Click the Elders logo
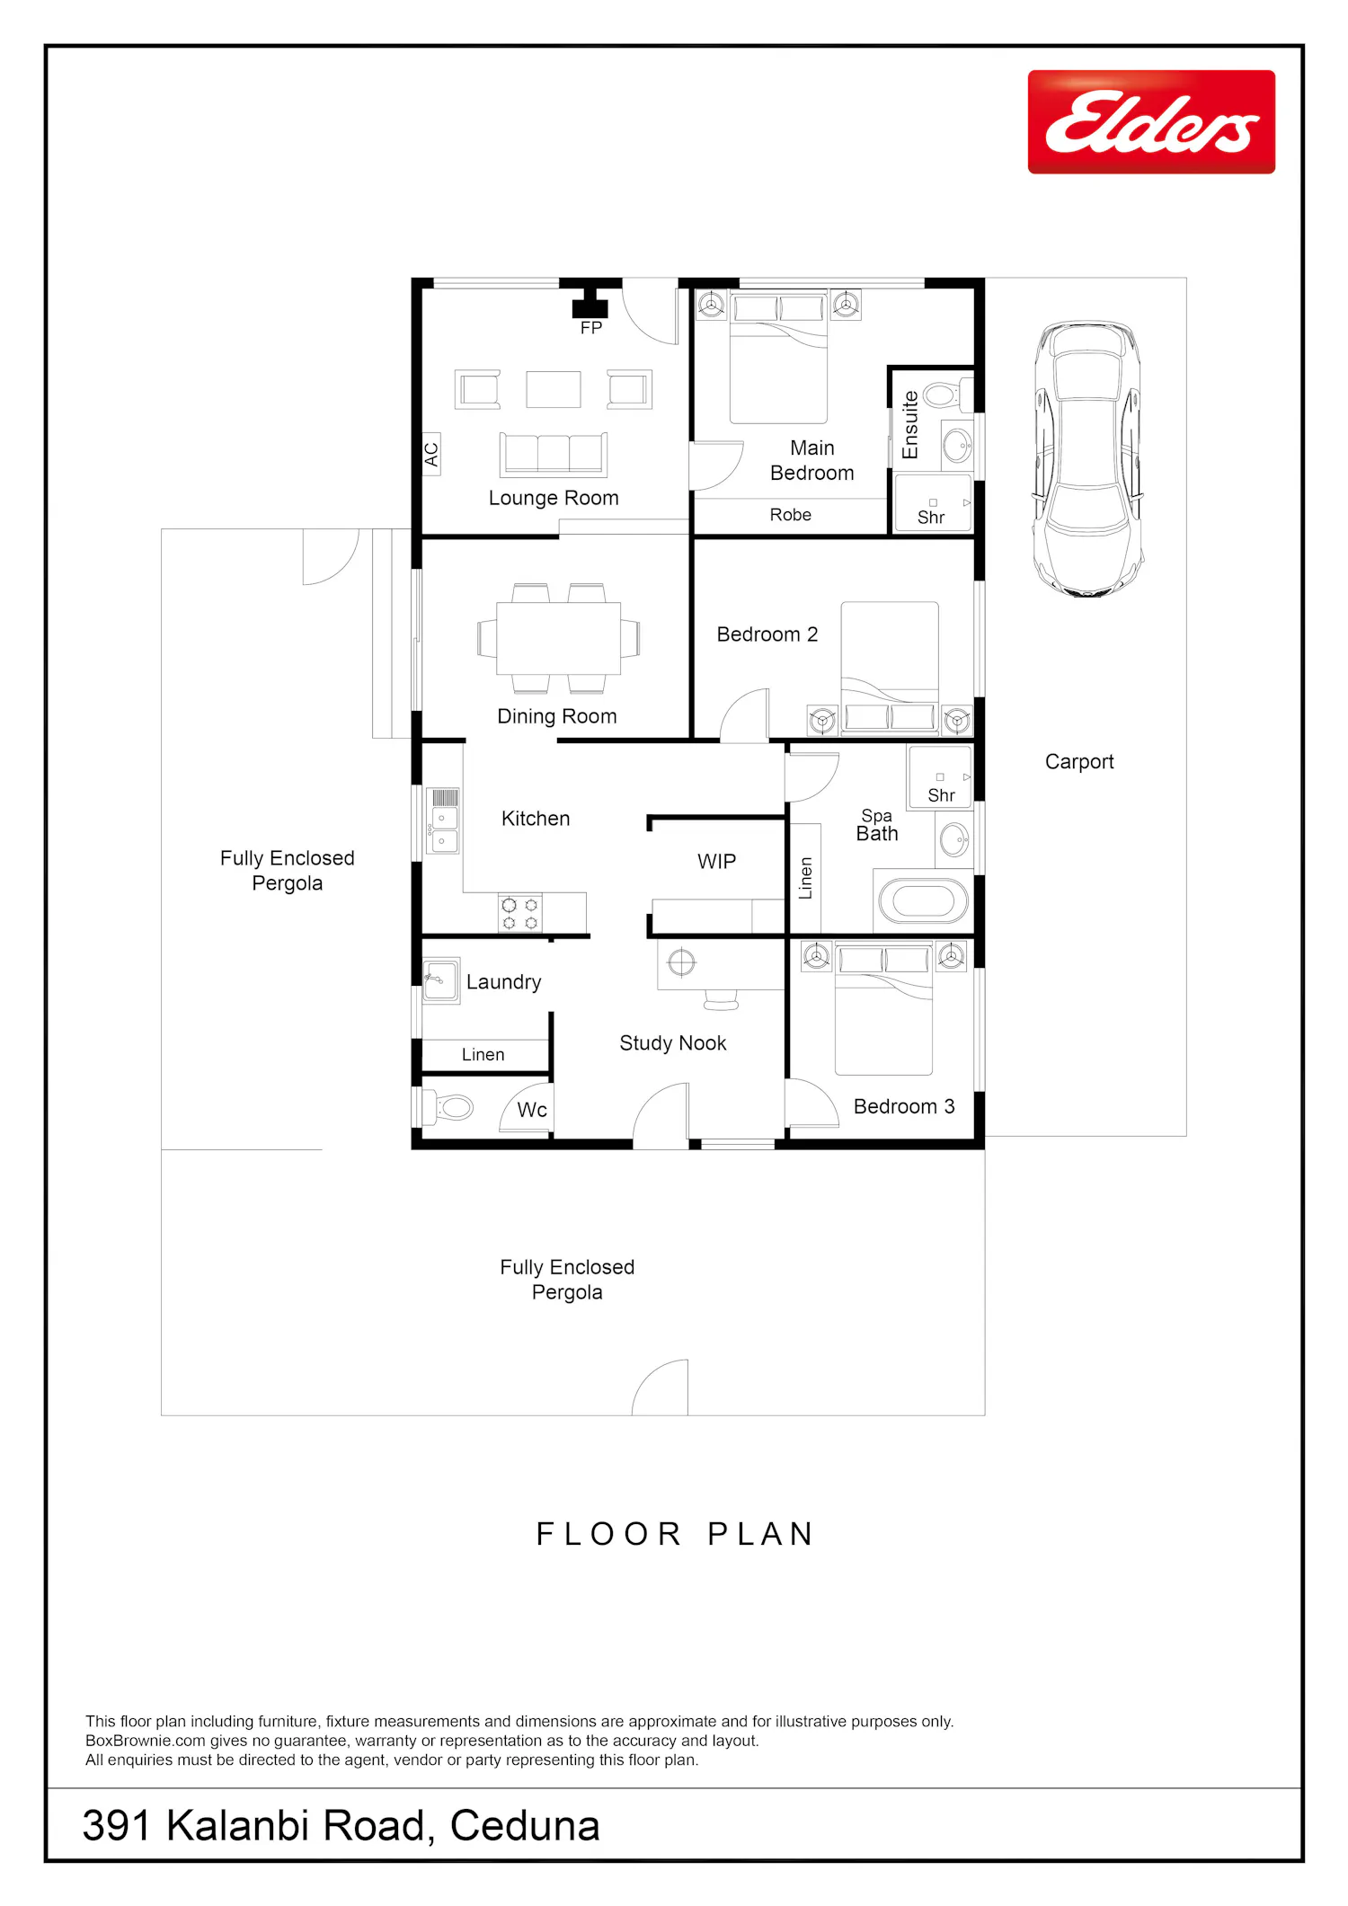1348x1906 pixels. (x=1151, y=121)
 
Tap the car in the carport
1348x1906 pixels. (x=1087, y=459)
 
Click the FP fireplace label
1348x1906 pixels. (x=591, y=328)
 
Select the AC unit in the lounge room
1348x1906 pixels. (x=431, y=454)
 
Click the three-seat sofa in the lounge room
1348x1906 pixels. (x=554, y=454)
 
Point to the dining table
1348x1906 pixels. (x=559, y=638)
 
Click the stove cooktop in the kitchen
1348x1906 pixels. (x=520, y=913)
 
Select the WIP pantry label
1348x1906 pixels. (x=717, y=862)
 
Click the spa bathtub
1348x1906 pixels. (x=924, y=901)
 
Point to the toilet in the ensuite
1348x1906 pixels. (x=948, y=394)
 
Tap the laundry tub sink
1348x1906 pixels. (x=441, y=980)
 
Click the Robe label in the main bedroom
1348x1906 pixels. (x=791, y=515)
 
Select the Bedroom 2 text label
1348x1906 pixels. (x=767, y=634)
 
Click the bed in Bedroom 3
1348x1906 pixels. (x=883, y=1008)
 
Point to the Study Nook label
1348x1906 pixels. (x=673, y=1043)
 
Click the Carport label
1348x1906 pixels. (x=1079, y=762)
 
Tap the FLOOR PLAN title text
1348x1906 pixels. (x=675, y=1534)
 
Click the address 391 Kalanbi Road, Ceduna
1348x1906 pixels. (x=341, y=1825)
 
